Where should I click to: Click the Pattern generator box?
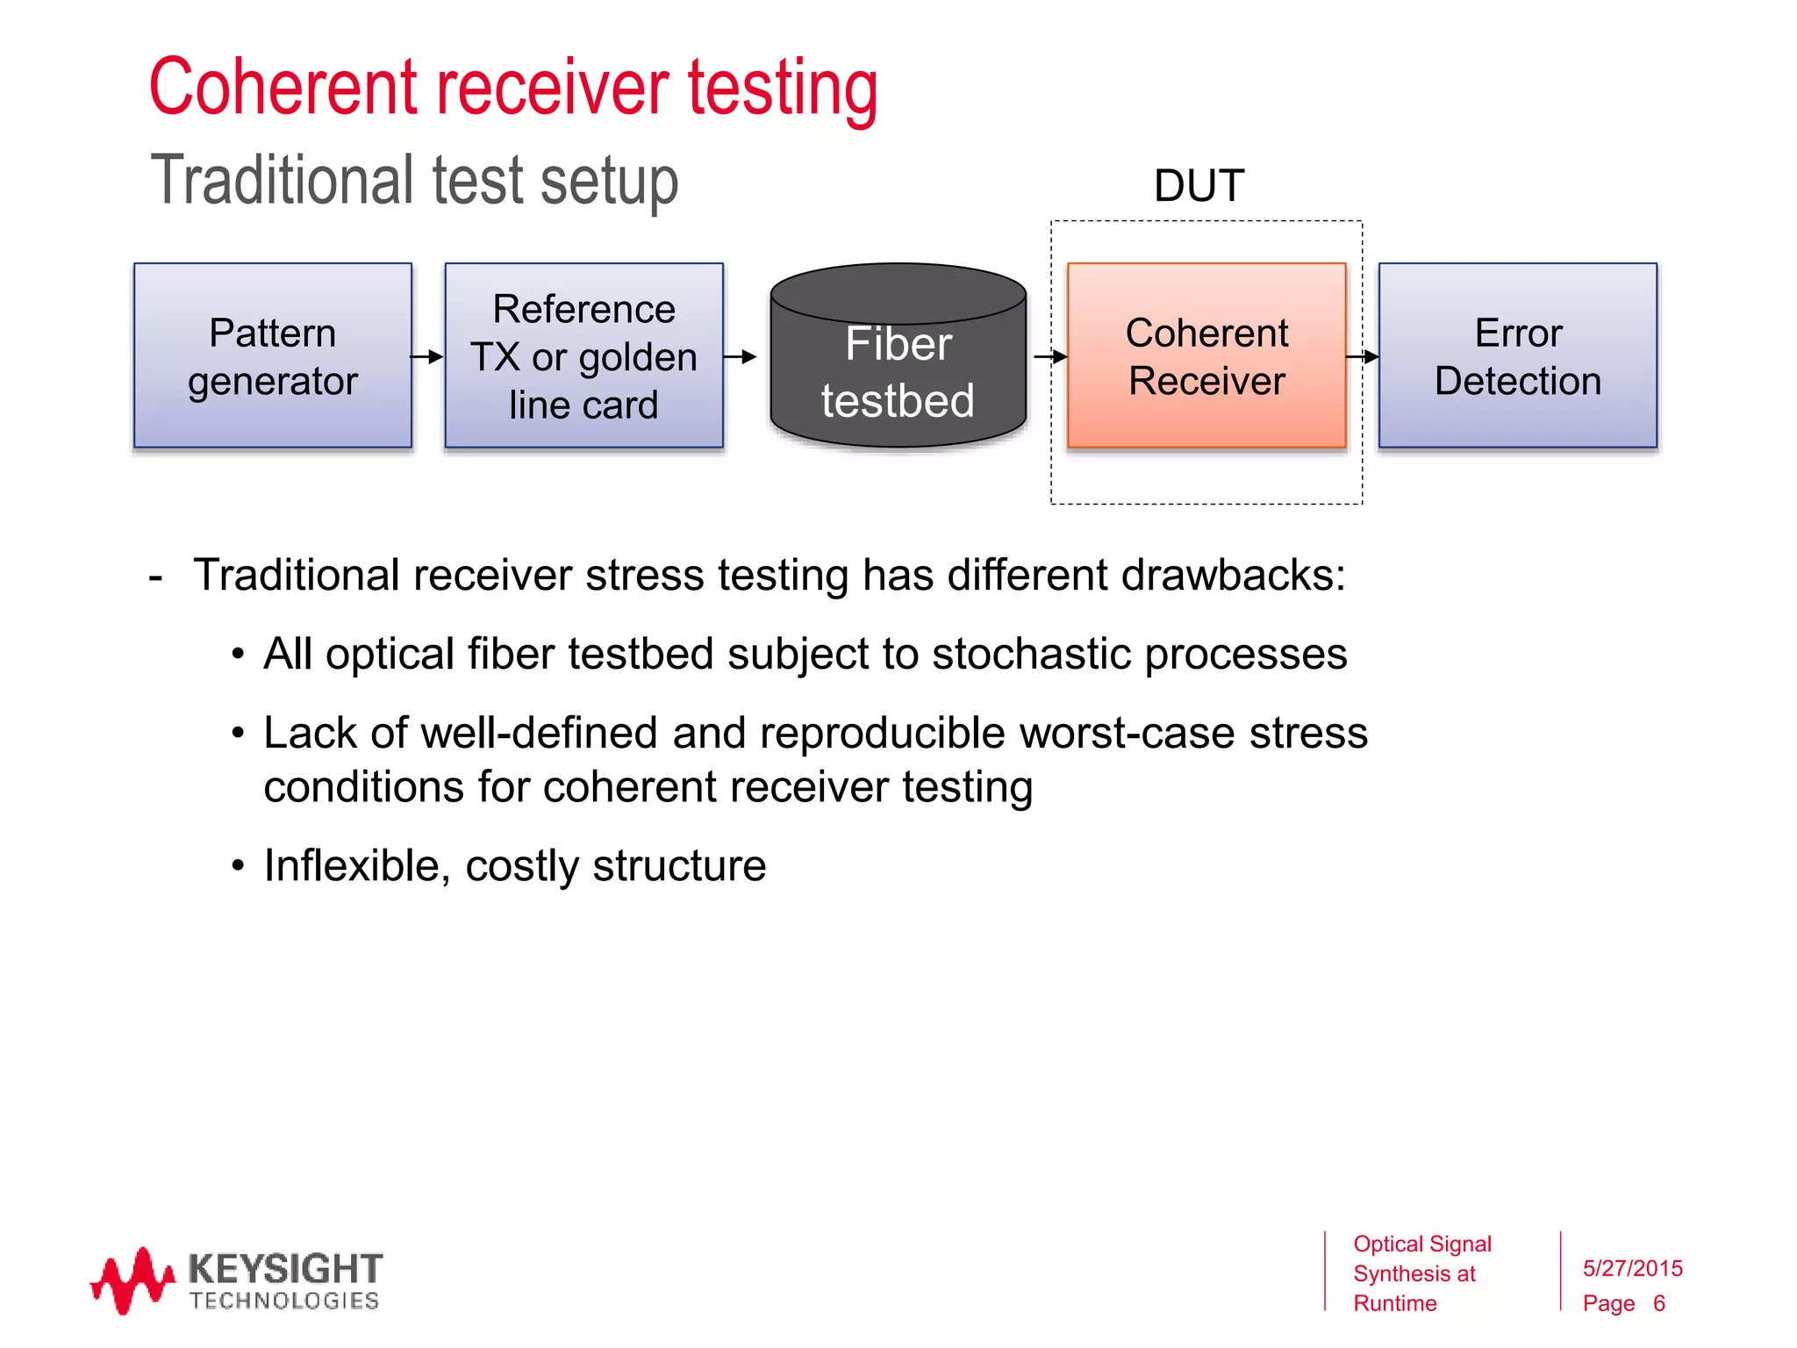(x=272, y=355)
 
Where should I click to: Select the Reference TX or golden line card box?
(x=583, y=355)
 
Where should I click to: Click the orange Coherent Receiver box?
(x=1206, y=355)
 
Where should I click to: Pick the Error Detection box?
(x=1517, y=355)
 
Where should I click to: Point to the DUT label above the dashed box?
(x=1199, y=186)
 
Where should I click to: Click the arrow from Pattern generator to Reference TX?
(x=427, y=356)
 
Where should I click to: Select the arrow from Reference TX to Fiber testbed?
(x=740, y=356)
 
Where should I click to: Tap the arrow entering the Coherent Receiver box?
(x=1050, y=356)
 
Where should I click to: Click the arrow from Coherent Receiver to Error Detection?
(x=1362, y=356)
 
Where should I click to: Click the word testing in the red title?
(x=782, y=88)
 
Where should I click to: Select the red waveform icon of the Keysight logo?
(x=132, y=1280)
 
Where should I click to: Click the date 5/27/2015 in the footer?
(x=1632, y=1268)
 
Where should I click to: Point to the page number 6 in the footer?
(x=1658, y=1303)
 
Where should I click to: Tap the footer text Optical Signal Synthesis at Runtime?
(x=1421, y=1273)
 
